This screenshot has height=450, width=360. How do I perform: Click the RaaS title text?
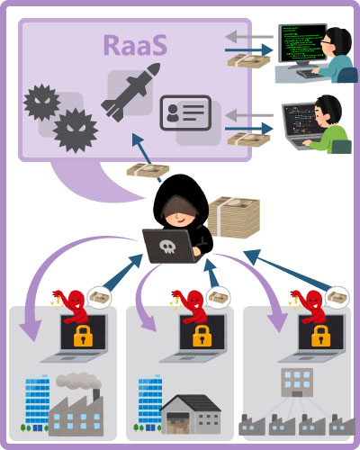(x=135, y=45)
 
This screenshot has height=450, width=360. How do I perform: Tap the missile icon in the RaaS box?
(x=130, y=92)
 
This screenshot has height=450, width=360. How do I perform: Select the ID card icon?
(x=185, y=112)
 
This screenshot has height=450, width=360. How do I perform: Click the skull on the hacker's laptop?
(x=167, y=247)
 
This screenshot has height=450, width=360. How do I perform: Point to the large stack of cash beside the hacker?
(x=234, y=217)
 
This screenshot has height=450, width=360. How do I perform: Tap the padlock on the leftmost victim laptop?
(x=83, y=336)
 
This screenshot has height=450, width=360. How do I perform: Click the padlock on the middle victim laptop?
(x=202, y=336)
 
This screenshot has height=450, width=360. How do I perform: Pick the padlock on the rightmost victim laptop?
(x=320, y=336)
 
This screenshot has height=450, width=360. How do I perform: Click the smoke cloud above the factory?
(x=78, y=381)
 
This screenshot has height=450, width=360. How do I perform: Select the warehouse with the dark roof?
(x=191, y=414)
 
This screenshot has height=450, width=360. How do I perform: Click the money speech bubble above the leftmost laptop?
(x=99, y=298)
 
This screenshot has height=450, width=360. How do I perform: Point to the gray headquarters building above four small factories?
(x=297, y=382)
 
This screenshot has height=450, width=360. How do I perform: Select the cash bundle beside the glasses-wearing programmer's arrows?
(x=248, y=61)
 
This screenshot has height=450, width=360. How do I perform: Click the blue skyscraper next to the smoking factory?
(x=38, y=403)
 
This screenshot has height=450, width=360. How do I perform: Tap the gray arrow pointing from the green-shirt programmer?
(x=249, y=115)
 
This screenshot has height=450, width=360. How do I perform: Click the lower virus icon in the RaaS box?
(x=76, y=130)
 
